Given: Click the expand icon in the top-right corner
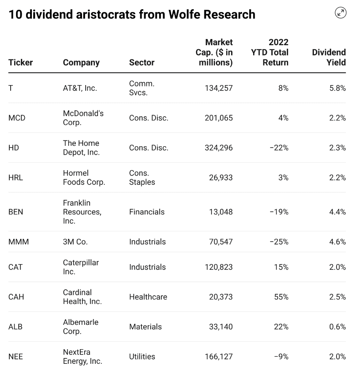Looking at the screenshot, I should pyautogui.click(x=340, y=13).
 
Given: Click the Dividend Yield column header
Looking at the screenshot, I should pyautogui.click(x=329, y=57).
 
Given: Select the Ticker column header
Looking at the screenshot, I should pyautogui.click(x=20, y=62).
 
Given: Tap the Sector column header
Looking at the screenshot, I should pyautogui.click(x=141, y=62).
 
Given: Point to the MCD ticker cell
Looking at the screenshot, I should pyautogui.click(x=17, y=118).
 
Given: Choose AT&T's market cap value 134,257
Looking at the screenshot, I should pyautogui.click(x=219, y=88).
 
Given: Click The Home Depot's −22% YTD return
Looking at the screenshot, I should pyautogui.click(x=279, y=148).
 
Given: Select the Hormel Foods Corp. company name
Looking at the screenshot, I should pyautogui.click(x=84, y=177).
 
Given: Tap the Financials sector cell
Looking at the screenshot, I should pyautogui.click(x=147, y=212).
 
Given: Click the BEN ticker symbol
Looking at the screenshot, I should pyautogui.click(x=16, y=212).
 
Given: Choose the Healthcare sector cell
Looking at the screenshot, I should pyautogui.click(x=148, y=297).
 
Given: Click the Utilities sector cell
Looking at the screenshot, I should pyautogui.click(x=142, y=356).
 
